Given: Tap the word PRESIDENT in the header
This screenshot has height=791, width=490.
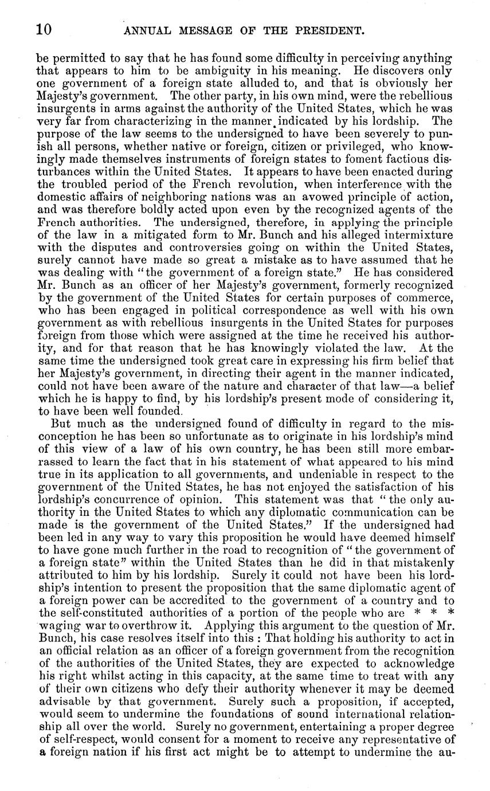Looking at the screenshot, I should (324, 32).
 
